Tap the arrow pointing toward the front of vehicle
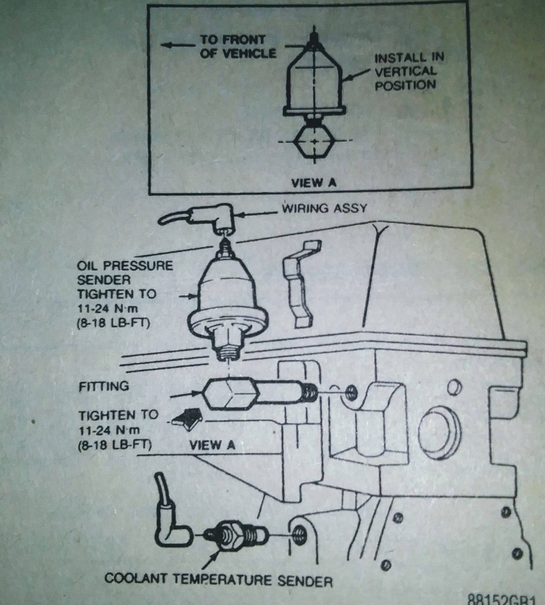point(176,45)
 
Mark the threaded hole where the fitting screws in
point(352,393)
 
